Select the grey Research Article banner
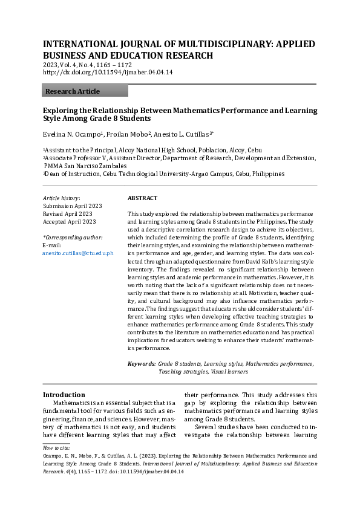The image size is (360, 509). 85,91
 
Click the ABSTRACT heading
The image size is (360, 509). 142,198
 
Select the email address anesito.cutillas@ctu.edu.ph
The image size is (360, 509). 77,253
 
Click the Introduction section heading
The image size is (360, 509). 64,394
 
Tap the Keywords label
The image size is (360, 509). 141,364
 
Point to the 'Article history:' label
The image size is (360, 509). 61,198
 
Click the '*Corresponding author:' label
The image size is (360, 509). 73,238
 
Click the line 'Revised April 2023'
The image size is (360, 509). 67,214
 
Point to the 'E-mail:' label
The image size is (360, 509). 52,245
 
